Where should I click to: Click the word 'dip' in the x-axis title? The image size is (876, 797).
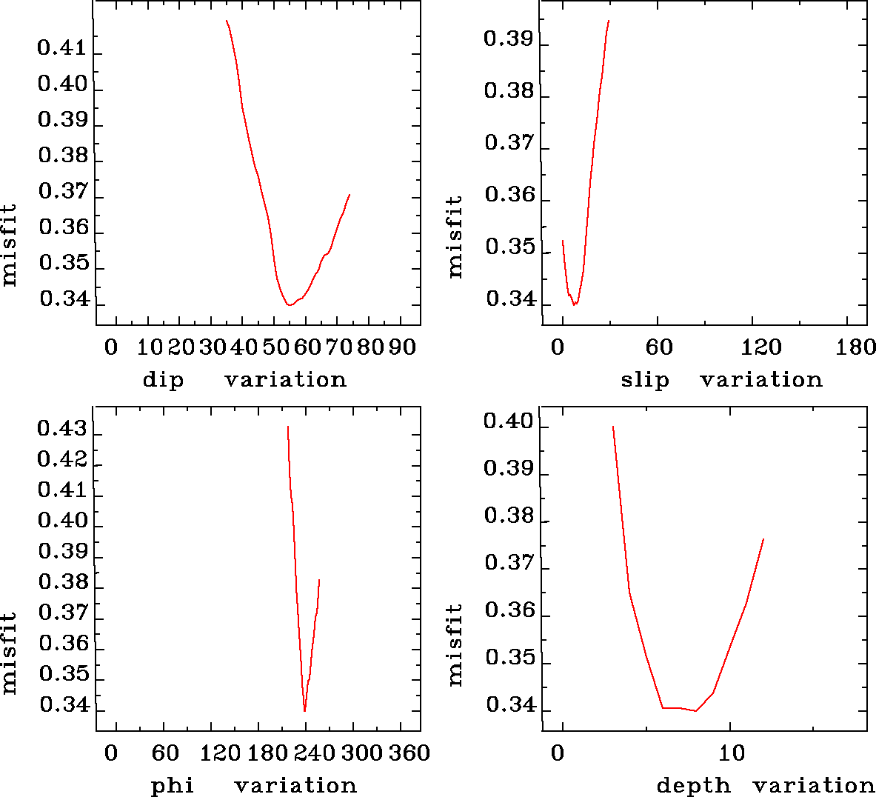click(163, 381)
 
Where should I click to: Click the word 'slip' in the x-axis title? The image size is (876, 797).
click(645, 381)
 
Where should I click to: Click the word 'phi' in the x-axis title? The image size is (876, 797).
click(173, 786)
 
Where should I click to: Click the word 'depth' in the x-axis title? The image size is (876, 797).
click(693, 786)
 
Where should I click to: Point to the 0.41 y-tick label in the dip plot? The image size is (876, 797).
click(62, 50)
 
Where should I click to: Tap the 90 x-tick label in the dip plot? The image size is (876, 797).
click(402, 347)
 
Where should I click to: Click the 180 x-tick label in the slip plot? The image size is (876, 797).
click(855, 347)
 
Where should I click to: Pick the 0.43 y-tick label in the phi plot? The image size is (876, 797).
click(62, 429)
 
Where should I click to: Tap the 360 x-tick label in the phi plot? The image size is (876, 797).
click(409, 753)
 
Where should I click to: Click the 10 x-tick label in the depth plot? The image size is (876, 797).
click(732, 753)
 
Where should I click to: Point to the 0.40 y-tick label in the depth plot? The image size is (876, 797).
click(508, 422)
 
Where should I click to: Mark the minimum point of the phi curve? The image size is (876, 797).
click(304, 711)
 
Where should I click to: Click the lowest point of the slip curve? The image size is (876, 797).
click(574, 304)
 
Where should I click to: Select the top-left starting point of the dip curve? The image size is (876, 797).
click(227, 21)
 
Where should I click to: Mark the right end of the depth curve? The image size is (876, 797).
click(763, 539)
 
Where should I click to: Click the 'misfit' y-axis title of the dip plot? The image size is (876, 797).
click(10, 246)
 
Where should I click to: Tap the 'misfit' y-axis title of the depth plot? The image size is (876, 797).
click(455, 644)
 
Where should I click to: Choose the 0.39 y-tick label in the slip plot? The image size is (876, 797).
click(508, 39)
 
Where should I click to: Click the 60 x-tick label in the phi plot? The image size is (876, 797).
click(165, 753)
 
